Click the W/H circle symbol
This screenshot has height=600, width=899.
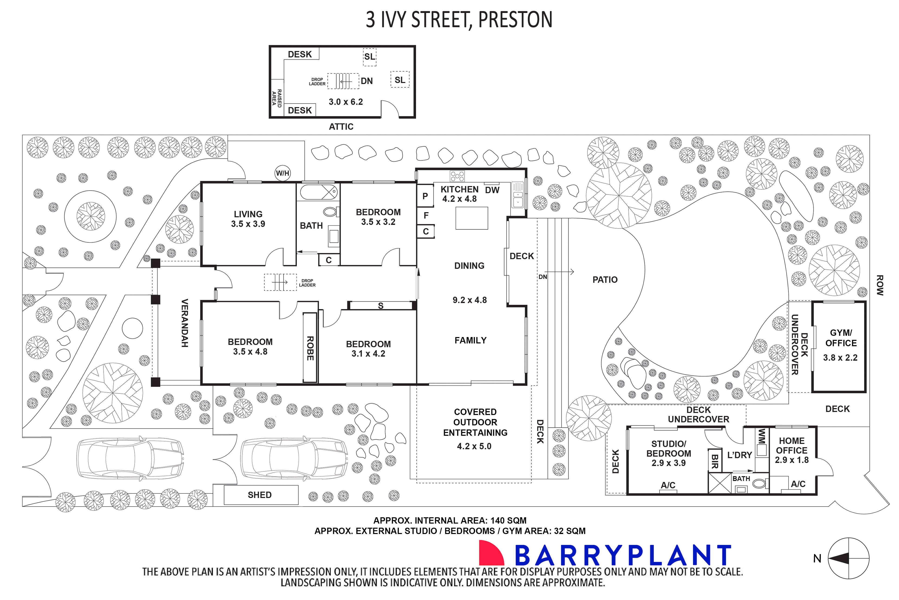tap(283, 173)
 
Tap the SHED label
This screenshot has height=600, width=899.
tap(260, 495)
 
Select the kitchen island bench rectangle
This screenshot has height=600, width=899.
tap(471, 218)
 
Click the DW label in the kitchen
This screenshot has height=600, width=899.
tap(492, 190)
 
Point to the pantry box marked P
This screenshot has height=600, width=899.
tap(425, 196)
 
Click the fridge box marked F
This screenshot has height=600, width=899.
tap(426, 215)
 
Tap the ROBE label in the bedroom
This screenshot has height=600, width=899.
tap(310, 348)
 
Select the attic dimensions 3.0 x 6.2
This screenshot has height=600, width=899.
tap(346, 102)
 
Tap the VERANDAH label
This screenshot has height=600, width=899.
tap(184, 323)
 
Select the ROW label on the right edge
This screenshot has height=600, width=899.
tap(880, 285)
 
